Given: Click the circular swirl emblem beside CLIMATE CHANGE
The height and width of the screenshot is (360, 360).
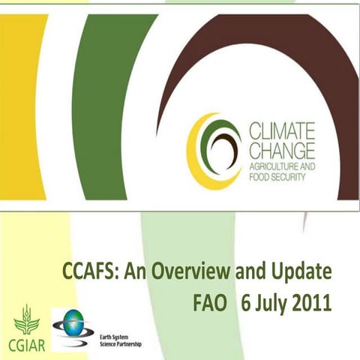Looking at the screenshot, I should click(214, 149).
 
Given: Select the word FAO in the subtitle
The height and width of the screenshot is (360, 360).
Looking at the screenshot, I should click(209, 301).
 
